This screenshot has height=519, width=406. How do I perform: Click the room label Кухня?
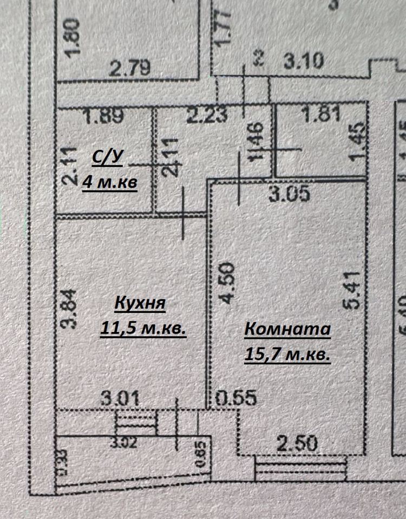pos(140,303)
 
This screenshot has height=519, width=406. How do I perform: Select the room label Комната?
pos(287,329)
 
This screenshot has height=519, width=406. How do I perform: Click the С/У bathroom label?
pos(107,158)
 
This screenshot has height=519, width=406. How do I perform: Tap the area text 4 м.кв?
pos(110,182)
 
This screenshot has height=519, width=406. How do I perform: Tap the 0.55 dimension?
pos(236,398)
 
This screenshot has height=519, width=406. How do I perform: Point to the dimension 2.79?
pos(129,69)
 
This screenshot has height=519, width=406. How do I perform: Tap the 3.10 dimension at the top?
pos(304,60)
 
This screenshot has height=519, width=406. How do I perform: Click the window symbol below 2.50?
pos(300,468)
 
